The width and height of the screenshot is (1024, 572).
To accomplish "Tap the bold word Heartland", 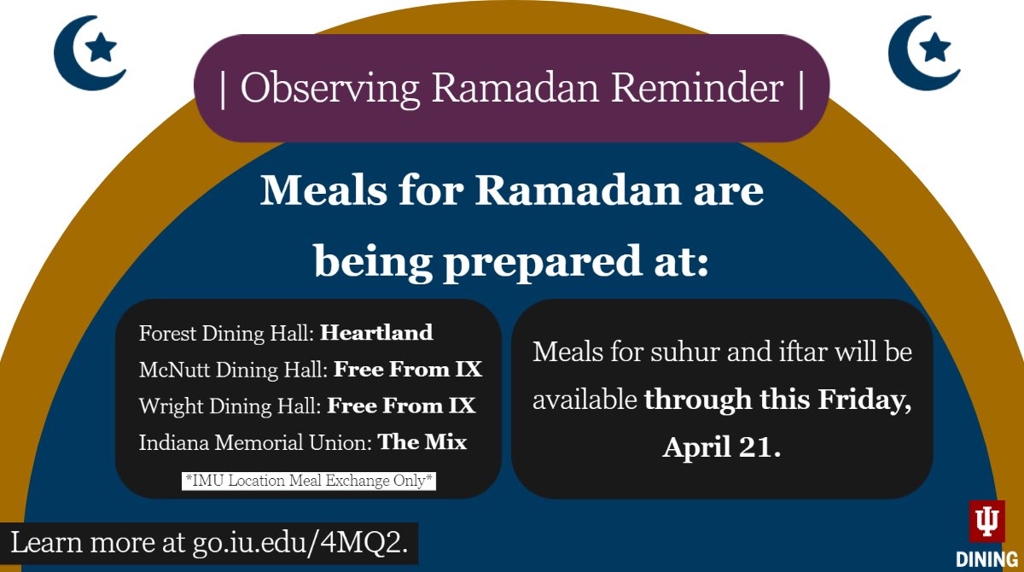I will (376, 333).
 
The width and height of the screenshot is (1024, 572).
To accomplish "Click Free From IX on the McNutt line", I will (407, 370).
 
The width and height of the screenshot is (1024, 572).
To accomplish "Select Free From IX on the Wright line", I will (401, 406).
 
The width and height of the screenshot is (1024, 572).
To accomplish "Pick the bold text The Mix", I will (422, 442).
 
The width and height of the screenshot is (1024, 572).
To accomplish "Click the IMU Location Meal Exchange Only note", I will (310, 481).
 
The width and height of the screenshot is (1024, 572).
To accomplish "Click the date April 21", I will (721, 447).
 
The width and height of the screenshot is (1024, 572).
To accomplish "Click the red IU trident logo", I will (986, 522).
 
